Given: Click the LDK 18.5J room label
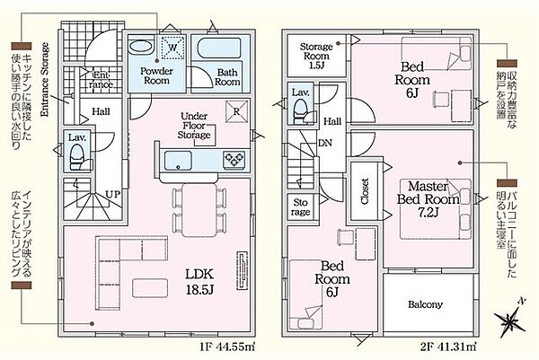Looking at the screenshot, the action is coord(199,282).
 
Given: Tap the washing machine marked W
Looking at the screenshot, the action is coord(172,48).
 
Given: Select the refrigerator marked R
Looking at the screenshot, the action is coord(236,111).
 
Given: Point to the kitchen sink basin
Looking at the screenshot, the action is coord(178,161).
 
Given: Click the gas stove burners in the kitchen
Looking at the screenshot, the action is coord(234,160).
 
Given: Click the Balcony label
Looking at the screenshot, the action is coord(425,304).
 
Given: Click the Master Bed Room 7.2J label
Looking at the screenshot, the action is coord(429,199).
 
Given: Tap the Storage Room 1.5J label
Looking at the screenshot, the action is coord(316,56).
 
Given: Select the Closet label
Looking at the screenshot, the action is coord(365,191).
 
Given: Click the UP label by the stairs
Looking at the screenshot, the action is coord(113,195).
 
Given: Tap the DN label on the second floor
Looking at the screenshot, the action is coord(325,143).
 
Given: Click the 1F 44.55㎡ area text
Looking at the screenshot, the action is coord(227,347).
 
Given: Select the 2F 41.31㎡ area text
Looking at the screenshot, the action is coord(448,347).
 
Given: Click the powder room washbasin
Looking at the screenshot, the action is coord(141,47).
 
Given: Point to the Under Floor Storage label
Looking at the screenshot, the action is coord(194,126).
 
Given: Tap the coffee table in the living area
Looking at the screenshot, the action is coord(150,288).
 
